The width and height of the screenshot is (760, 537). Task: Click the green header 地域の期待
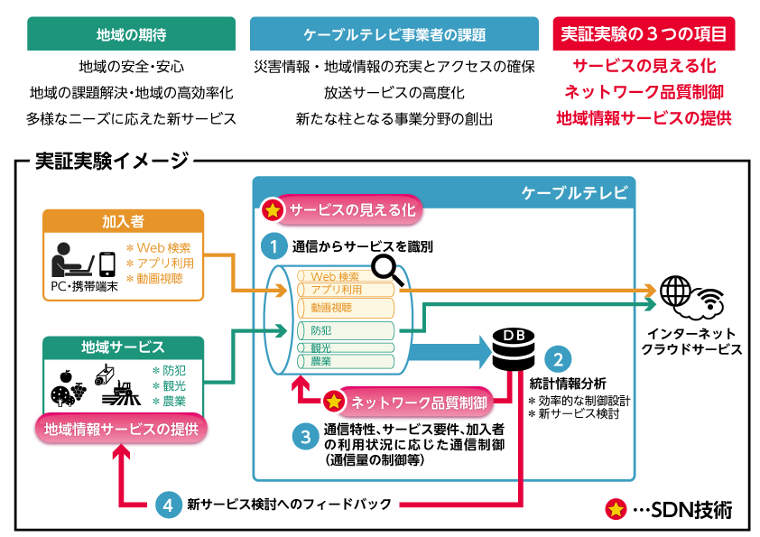pos(131,34)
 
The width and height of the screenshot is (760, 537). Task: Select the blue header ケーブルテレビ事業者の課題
pos(395,34)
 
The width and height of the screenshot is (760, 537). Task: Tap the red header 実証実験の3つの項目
pos(644,34)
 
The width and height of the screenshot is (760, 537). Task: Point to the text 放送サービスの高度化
pos(395,92)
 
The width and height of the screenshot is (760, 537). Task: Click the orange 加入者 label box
pos(123,221)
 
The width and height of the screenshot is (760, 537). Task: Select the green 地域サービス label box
pos(123,347)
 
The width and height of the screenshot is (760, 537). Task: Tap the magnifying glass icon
pos(389,266)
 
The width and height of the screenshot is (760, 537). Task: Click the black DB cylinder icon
pos(513,348)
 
